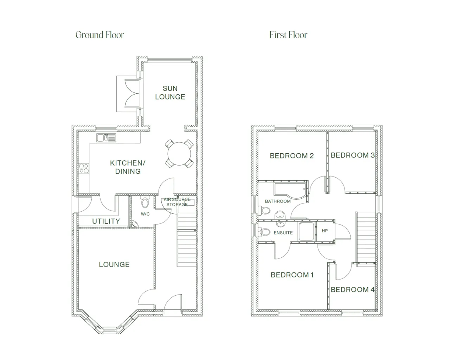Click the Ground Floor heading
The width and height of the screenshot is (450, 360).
[100, 35]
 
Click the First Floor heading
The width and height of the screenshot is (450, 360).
[288, 35]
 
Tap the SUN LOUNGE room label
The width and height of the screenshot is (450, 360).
[170, 93]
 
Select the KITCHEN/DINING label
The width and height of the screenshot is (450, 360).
[128, 167]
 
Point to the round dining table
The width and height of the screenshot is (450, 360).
[179, 154]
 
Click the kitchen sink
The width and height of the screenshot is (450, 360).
[106, 138]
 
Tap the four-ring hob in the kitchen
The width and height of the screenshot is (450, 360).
[84, 169]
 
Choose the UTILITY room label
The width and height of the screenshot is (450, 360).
[106, 221]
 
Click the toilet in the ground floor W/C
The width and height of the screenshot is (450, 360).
[145, 201]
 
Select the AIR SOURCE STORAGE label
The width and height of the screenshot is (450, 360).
[177, 202]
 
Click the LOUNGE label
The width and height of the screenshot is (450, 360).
[114, 264]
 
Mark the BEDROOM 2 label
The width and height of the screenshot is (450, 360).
[292, 156]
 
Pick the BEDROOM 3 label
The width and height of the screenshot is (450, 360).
[353, 155]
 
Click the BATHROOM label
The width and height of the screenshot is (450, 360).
[278, 201]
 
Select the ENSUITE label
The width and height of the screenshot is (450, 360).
[283, 233]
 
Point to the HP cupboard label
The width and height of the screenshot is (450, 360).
[325, 231]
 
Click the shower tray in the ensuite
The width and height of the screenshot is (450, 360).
[306, 231]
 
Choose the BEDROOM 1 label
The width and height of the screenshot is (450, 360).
[292, 275]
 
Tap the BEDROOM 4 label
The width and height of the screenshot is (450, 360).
[353, 289]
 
